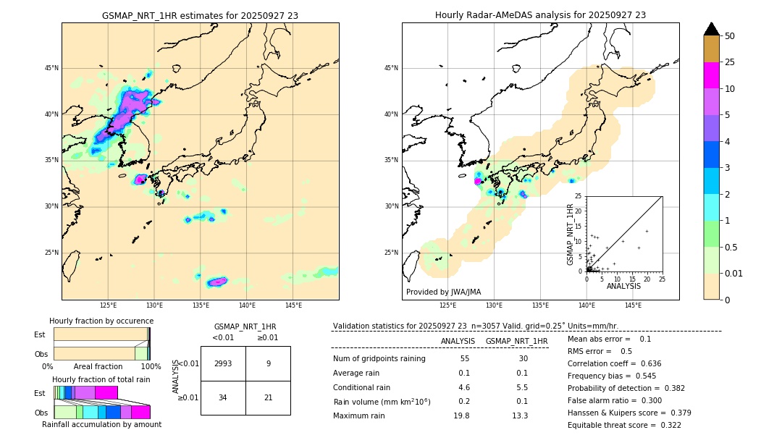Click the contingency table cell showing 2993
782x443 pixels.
[223, 364]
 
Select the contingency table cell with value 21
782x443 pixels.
[268, 397]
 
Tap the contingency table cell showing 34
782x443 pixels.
[223, 397]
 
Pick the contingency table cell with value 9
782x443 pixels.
[268, 364]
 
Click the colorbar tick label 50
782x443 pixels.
[730, 36]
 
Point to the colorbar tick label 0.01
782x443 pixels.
[733, 273]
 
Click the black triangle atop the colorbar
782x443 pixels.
[712, 29]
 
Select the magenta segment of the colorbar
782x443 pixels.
[712, 75]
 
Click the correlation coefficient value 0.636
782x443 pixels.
[646, 363]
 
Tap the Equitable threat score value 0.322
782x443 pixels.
[666, 425]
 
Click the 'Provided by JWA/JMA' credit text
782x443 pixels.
[443, 292]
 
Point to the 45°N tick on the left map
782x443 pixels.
[51, 68]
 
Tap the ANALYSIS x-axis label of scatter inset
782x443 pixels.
[623, 286]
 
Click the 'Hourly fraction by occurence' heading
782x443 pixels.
[101, 321]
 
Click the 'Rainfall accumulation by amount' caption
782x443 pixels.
[101, 424]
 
